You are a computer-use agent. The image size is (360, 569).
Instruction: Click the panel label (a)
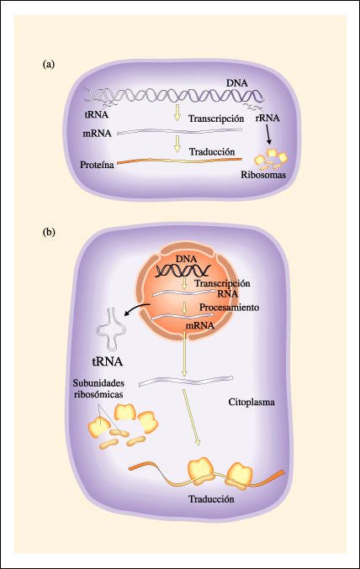(48, 65)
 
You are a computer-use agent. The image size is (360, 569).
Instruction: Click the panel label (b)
(49, 232)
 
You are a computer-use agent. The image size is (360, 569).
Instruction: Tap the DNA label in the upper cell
(237, 83)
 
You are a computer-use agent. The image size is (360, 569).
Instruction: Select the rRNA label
(267, 118)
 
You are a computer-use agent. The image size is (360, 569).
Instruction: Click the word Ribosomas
(263, 175)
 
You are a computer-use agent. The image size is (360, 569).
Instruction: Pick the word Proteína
(97, 165)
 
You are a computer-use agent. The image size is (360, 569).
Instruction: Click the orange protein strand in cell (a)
(180, 160)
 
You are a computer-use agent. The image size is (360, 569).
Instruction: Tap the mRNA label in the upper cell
(97, 133)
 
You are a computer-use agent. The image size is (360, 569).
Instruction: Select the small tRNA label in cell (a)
(96, 114)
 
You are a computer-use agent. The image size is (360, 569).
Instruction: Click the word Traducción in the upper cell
(212, 151)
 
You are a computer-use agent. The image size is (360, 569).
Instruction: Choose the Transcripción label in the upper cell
(216, 119)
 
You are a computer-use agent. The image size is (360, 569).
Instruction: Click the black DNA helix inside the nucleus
(183, 271)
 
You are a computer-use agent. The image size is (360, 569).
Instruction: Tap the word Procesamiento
(230, 308)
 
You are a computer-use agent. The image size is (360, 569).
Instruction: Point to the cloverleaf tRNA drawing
(111, 329)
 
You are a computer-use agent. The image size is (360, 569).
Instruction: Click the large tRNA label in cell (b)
(107, 361)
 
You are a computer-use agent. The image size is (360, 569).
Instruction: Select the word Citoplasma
(251, 402)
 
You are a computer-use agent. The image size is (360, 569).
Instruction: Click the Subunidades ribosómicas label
(98, 388)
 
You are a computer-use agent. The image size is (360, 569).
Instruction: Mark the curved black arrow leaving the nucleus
(137, 308)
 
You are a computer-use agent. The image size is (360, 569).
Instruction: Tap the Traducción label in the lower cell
(211, 499)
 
